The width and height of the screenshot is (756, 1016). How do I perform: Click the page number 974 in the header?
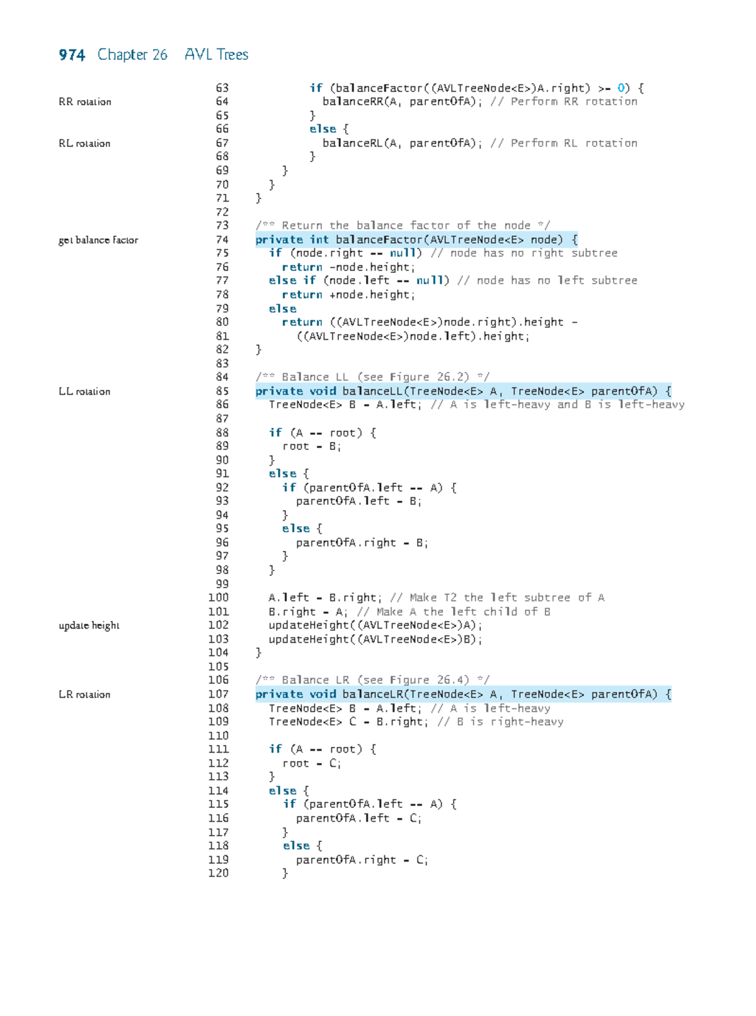tap(72, 55)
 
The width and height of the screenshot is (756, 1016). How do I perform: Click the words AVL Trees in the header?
tap(216, 54)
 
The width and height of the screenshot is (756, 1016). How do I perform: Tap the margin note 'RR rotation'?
tap(84, 101)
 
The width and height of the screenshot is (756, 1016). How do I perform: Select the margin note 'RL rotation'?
tap(84, 143)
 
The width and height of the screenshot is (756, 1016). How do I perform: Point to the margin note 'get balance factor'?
tap(98, 240)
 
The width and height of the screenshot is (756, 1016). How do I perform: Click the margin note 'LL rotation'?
tap(84, 391)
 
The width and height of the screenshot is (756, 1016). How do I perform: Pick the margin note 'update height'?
tap(89, 626)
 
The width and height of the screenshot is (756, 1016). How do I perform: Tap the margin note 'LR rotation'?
tap(84, 695)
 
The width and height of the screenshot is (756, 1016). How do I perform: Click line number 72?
tap(222, 212)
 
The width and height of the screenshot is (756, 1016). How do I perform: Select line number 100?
tap(219, 597)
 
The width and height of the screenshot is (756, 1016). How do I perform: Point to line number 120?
tap(219, 873)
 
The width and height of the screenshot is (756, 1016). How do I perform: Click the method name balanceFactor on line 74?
tap(379, 240)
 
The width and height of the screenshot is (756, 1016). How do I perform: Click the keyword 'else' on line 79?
tap(282, 309)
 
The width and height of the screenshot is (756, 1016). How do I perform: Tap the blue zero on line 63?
tap(621, 88)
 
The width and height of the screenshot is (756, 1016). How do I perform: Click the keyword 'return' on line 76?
tap(302, 267)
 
